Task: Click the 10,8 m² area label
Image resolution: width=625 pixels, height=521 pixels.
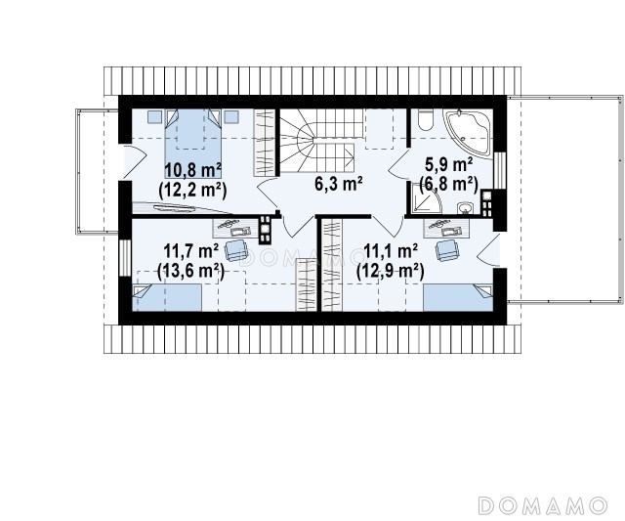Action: tap(193, 170)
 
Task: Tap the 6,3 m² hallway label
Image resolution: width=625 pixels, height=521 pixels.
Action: tap(339, 184)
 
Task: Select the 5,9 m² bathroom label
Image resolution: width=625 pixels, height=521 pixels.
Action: tap(449, 163)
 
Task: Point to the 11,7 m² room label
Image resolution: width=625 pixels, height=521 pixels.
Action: tap(191, 251)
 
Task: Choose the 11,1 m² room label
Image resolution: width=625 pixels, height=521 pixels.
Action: tap(391, 251)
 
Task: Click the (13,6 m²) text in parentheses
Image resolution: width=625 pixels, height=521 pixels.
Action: tap(191, 272)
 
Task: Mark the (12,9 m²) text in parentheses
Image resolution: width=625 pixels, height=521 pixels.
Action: tap(391, 272)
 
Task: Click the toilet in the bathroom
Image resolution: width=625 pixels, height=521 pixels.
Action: tap(426, 119)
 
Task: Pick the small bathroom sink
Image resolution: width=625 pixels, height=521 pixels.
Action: tap(465, 208)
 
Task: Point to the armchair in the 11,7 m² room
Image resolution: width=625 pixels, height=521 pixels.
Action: tap(236, 250)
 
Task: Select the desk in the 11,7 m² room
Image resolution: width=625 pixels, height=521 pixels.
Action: tap(236, 229)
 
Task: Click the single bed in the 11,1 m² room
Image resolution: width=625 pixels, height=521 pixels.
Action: tap(458, 297)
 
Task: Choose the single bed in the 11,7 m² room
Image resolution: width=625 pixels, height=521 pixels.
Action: tap(167, 297)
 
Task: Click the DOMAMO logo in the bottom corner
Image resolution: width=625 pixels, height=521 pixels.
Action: tap(542, 505)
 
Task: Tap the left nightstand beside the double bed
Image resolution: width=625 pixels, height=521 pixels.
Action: tap(154, 116)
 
